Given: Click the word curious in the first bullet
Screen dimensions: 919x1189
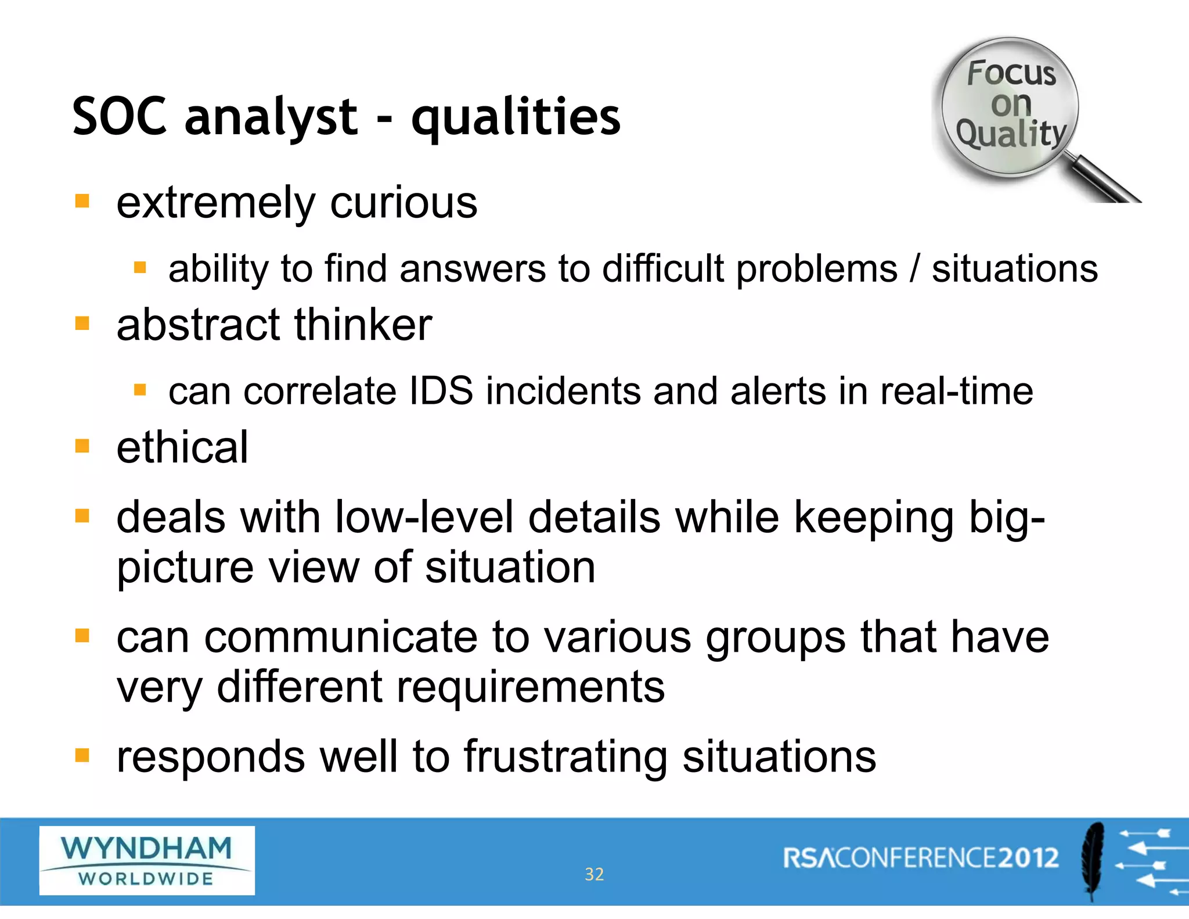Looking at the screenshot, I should [x=403, y=203].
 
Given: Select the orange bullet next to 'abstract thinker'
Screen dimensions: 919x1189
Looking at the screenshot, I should [x=82, y=323].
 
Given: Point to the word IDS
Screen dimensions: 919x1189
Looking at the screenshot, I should [x=441, y=391].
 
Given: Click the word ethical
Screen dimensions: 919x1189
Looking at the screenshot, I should [x=182, y=448].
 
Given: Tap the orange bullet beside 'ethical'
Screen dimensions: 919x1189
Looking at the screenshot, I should [x=82, y=446].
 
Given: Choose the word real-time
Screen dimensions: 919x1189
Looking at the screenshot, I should [x=956, y=391].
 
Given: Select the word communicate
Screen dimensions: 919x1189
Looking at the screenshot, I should [x=341, y=637].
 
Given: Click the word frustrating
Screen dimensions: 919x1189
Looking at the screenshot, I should [x=565, y=757].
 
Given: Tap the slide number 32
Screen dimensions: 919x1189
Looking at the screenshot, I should [x=594, y=874].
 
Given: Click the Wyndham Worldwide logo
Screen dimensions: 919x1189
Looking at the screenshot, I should [x=147, y=860].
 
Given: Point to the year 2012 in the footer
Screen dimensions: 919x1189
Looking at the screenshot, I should [x=1028, y=858].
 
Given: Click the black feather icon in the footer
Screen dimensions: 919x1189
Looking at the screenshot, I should [x=1093, y=860].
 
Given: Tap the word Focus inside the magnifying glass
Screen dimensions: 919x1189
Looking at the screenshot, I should [x=1011, y=73].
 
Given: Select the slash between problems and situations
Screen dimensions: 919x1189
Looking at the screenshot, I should [x=915, y=269].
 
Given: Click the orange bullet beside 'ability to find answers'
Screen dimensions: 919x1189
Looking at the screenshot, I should [x=140, y=267].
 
